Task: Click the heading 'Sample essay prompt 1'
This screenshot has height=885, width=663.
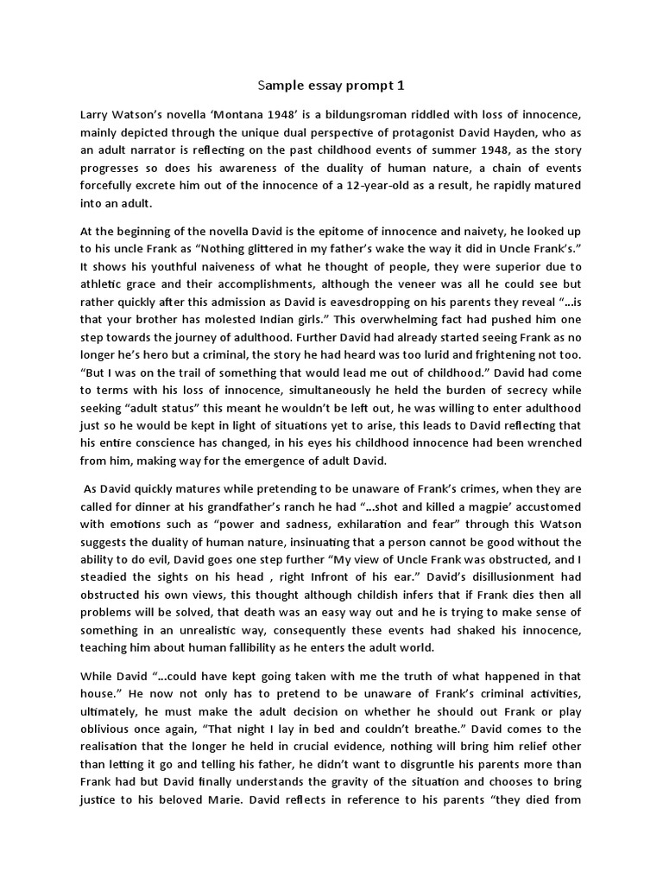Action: pos(331,86)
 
